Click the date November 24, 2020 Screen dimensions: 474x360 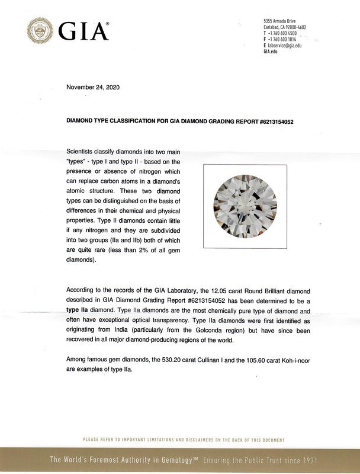[93, 87]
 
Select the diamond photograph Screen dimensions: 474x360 [245, 206]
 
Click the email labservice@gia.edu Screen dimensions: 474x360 [284, 46]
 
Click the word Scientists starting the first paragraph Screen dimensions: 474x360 [85, 152]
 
